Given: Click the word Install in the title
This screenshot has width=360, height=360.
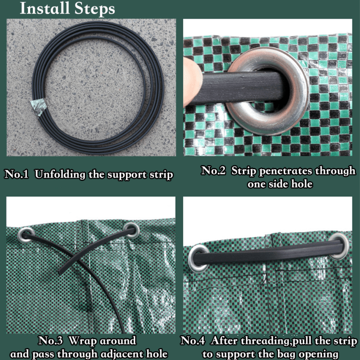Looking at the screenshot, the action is coord(45,8).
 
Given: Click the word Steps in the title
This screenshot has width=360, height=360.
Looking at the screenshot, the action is coord(95,9).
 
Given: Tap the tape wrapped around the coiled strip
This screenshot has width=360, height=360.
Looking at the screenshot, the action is coord(38,107).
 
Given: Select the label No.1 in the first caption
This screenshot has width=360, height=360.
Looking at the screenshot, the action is coord(16,174).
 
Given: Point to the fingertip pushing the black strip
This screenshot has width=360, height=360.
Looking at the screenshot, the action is coord(192,82).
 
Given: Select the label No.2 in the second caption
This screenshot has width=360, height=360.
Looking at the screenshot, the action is coord(213,171).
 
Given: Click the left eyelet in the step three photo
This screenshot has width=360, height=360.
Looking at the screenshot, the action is coord(26,235).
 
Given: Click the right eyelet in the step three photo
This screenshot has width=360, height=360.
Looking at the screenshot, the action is coord(131,230).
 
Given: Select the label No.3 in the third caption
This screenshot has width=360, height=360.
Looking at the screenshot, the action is coord(50,340).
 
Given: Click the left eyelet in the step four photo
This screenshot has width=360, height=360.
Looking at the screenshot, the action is coord(198,258).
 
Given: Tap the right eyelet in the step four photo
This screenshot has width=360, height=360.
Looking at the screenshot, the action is coord(339,246).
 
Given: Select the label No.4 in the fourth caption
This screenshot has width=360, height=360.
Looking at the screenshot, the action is coord(192,340).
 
